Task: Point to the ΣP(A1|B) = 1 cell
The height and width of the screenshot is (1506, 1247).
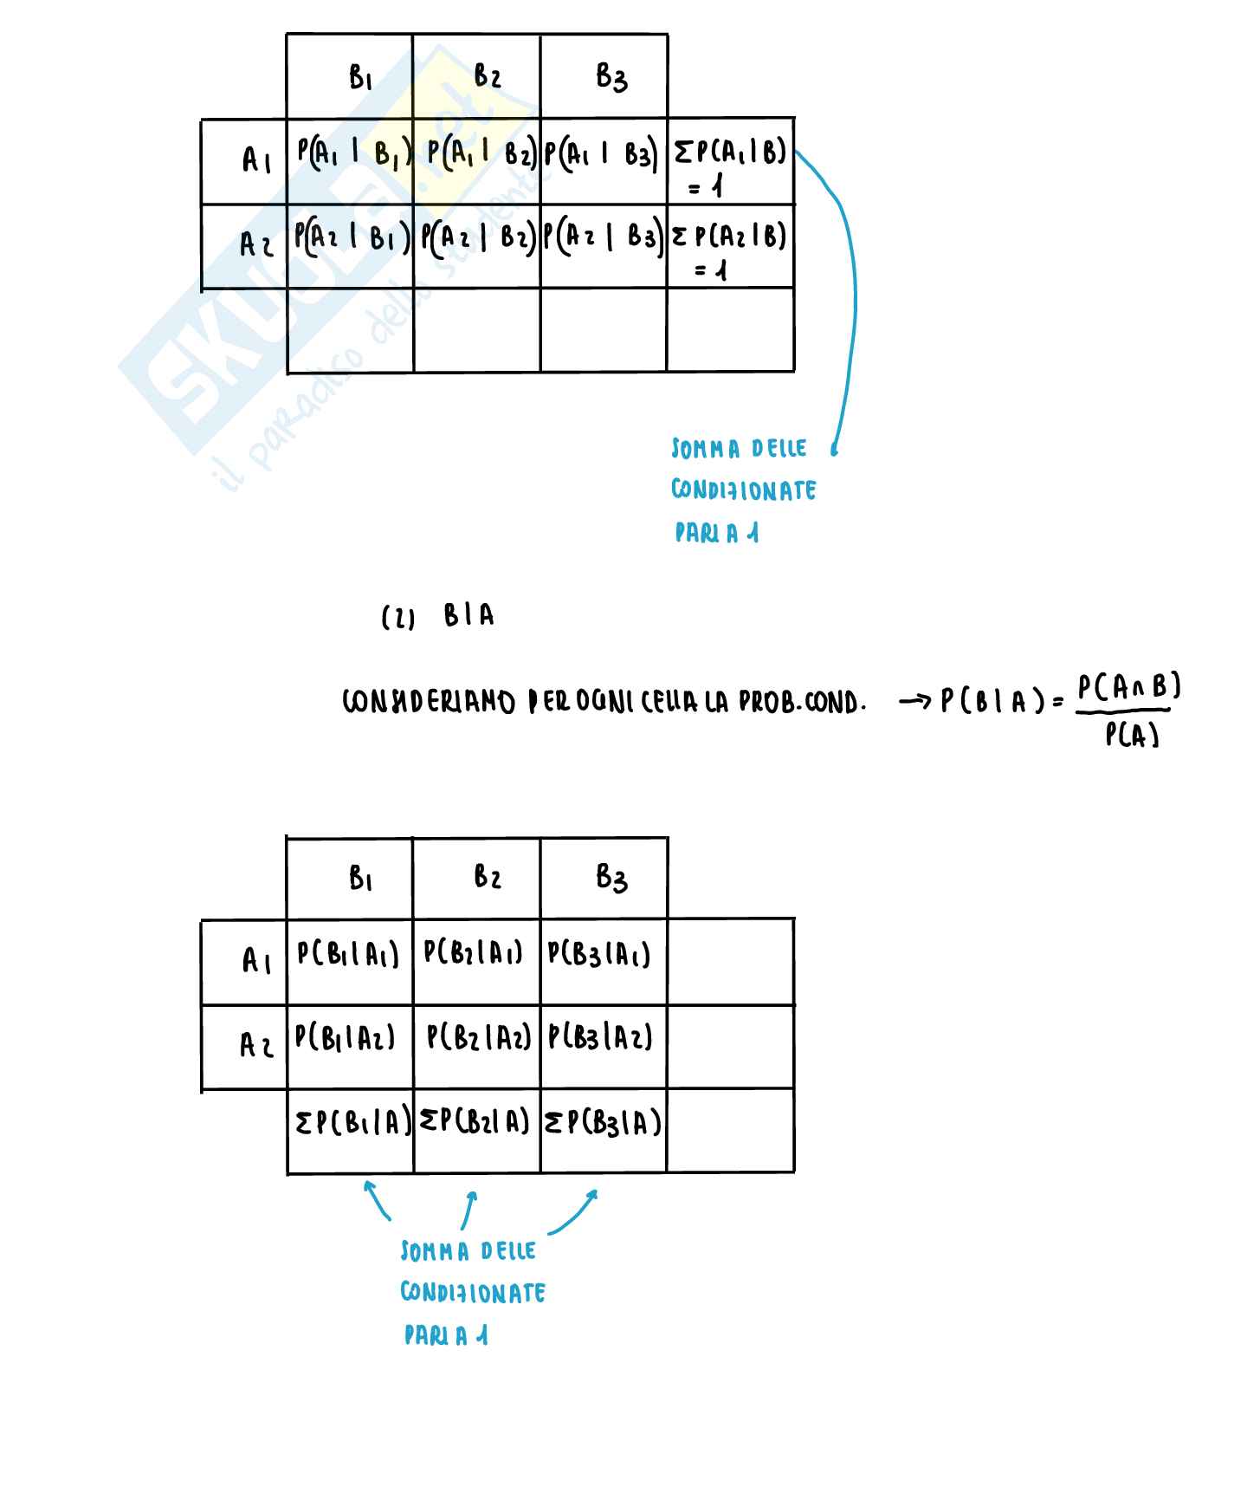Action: click(x=730, y=165)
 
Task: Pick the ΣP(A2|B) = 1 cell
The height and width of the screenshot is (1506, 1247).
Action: click(x=730, y=247)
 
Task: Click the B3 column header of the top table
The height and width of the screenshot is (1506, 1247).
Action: click(x=611, y=77)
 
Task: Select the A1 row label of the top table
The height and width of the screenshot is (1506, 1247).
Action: click(x=256, y=159)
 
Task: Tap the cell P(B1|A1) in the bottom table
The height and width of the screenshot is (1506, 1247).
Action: click(x=348, y=954)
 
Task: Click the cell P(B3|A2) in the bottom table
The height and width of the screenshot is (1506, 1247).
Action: click(x=600, y=1037)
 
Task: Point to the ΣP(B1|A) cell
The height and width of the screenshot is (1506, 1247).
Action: click(x=352, y=1123)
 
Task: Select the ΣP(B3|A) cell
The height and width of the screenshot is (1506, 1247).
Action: click(x=603, y=1123)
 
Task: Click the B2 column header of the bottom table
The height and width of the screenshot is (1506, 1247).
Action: click(x=488, y=878)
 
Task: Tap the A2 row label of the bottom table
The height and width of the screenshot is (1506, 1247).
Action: click(x=256, y=1046)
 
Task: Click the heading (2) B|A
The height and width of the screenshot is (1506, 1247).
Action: click(x=438, y=616)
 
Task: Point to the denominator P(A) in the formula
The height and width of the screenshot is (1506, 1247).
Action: click(x=1132, y=735)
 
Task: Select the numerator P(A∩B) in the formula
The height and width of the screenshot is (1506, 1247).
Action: click(x=1128, y=688)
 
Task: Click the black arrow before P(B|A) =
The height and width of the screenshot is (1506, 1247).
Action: click(x=914, y=701)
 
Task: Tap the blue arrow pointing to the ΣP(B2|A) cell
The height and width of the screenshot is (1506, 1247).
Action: click(x=468, y=1210)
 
